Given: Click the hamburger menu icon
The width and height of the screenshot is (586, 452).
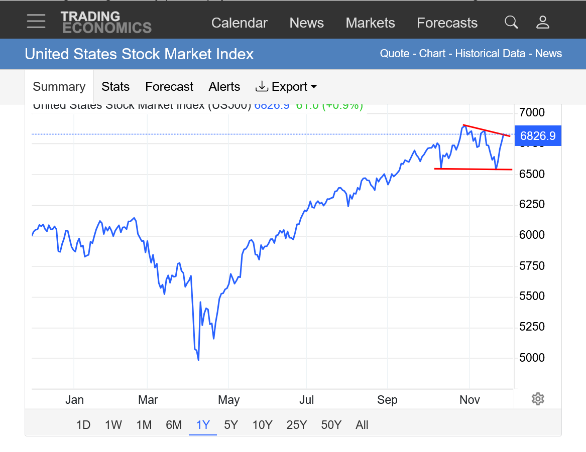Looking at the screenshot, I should click(36, 22).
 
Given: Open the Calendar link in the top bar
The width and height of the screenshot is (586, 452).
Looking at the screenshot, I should click(239, 23).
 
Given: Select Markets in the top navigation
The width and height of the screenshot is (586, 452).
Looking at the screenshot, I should click(370, 23).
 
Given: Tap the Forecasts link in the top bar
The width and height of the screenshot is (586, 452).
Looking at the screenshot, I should click(447, 23).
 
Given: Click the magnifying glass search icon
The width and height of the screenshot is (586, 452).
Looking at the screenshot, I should click(511, 22).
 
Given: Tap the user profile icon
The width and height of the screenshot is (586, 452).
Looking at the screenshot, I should click(543, 22).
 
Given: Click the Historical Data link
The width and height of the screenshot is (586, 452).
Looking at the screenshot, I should click(490, 54).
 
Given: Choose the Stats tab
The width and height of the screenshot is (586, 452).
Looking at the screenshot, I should click(115, 87).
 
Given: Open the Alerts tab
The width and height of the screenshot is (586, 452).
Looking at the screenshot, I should click(224, 87).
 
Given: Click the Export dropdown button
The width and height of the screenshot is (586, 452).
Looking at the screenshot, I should click(286, 87).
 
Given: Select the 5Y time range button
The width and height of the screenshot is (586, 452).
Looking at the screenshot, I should click(230, 425).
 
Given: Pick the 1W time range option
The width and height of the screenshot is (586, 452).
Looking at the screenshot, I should click(113, 425).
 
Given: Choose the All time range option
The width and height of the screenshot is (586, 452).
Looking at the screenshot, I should click(362, 425).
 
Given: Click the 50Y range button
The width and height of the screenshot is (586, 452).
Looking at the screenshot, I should click(331, 425).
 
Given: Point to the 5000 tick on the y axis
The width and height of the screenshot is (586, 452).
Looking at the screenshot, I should click(531, 358).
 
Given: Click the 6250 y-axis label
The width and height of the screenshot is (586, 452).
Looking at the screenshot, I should click(531, 205).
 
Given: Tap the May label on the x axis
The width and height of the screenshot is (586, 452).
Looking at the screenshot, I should click(228, 400).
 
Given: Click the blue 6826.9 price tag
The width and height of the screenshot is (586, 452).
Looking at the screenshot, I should click(538, 136).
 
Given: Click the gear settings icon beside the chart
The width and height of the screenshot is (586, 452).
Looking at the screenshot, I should click(538, 399).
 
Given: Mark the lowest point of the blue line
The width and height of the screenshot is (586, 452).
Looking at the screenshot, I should click(199, 360).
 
